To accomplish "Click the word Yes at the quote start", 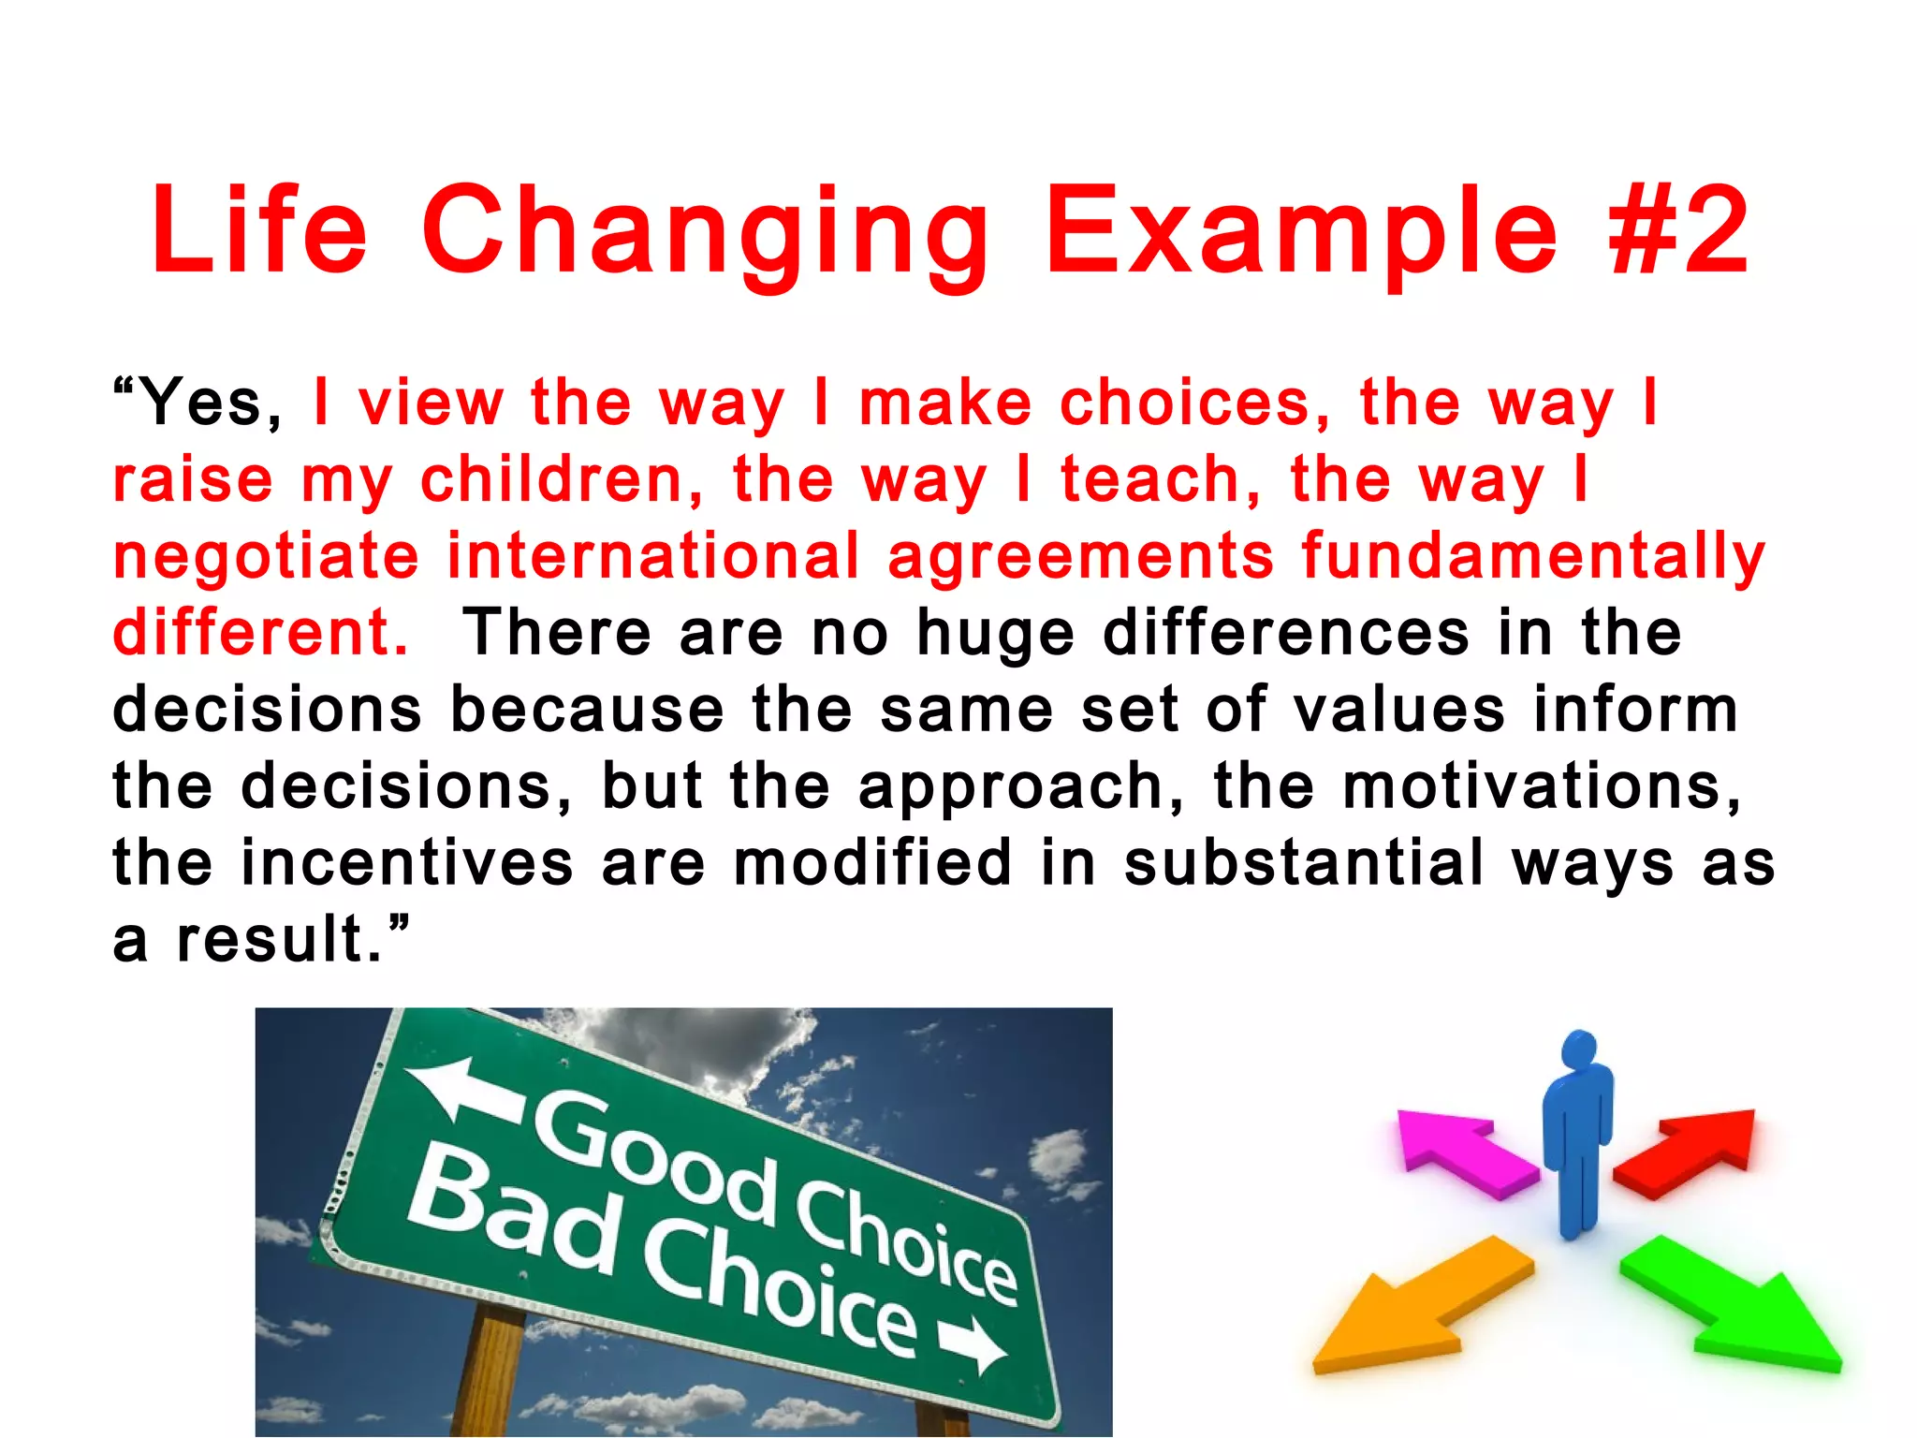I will tap(201, 403).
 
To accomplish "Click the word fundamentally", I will tap(1532, 558).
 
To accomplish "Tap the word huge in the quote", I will tap(995, 635).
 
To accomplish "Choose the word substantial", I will tap(1303, 863).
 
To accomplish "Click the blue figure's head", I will tap(1580, 1050).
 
